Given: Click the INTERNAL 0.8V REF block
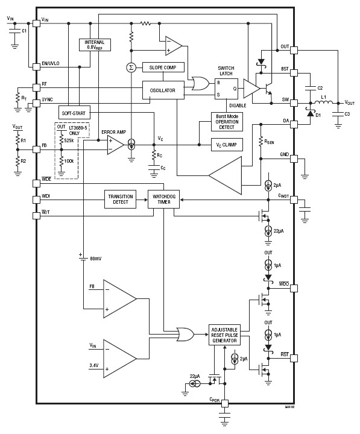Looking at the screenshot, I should (x=95, y=45).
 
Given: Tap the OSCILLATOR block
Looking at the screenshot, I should (x=162, y=90).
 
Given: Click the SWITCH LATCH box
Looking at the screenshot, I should (x=227, y=89).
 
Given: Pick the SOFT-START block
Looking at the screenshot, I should (x=74, y=113).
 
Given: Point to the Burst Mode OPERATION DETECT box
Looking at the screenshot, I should (x=227, y=121).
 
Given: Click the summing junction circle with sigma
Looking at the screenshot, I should (x=131, y=67).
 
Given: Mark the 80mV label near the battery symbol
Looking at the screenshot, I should (x=95, y=259).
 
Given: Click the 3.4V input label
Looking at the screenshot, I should (x=93, y=365).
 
